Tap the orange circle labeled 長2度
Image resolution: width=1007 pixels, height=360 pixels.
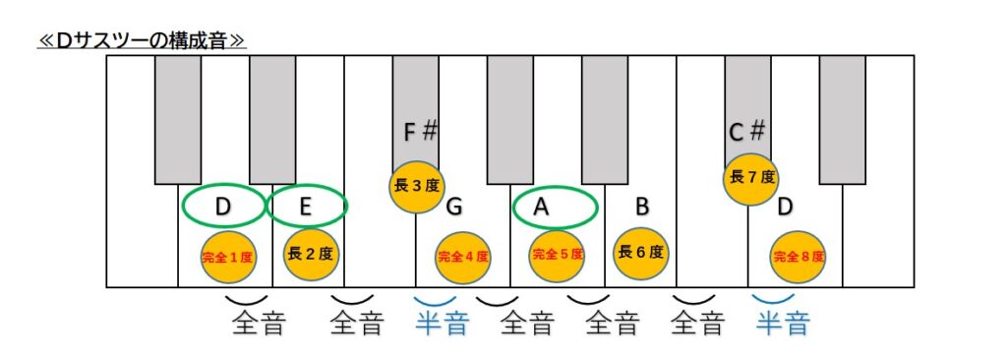[310, 253]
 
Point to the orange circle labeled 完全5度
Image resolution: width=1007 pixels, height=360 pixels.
[557, 254]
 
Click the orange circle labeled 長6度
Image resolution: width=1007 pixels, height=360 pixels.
[641, 252]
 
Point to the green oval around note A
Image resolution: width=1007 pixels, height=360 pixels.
[556, 207]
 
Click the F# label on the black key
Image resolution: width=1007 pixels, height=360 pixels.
[420, 131]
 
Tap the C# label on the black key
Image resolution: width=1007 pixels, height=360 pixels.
[747, 131]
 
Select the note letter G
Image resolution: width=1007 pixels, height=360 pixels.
[453, 208]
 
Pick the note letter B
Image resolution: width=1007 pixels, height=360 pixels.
[641, 208]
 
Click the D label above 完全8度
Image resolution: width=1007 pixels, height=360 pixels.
[785, 207]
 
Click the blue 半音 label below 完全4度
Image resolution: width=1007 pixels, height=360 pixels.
[442, 323]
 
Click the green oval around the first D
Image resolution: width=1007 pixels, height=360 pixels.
[223, 207]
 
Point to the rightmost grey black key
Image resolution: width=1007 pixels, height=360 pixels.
[843, 119]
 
